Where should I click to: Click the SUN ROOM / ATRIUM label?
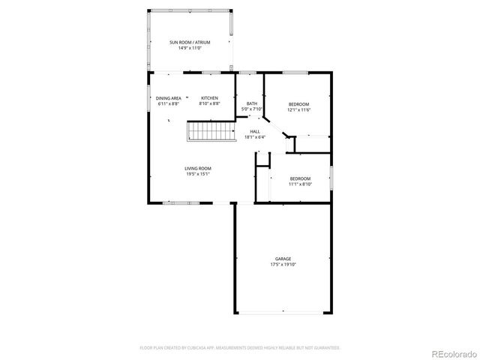(x=189, y=42)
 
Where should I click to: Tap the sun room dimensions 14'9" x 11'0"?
(x=189, y=48)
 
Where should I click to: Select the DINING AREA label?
(x=168, y=98)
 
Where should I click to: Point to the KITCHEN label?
(x=209, y=98)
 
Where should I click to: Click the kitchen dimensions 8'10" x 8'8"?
(x=209, y=103)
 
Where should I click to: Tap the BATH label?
(x=251, y=103)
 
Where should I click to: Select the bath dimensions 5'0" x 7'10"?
(x=251, y=109)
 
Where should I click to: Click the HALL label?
(x=255, y=131)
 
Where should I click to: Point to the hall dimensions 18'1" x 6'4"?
(x=255, y=137)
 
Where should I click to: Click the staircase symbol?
(x=202, y=133)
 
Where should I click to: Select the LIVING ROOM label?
(x=198, y=168)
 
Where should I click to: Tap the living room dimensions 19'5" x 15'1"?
(x=198, y=174)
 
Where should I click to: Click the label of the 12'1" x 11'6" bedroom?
(x=298, y=103)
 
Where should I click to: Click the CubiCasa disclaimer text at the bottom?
(x=240, y=348)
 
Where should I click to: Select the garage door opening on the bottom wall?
(x=283, y=312)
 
